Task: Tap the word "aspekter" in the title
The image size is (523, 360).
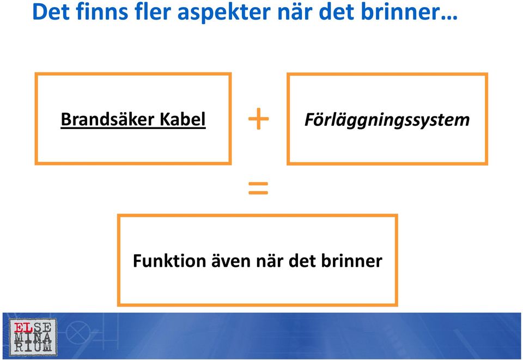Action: click(x=224, y=13)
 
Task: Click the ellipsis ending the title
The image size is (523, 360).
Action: click(x=449, y=17)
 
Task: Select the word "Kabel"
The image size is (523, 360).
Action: click(x=183, y=119)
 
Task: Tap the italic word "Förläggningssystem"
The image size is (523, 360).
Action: click(x=387, y=120)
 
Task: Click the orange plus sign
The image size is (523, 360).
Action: click(x=258, y=119)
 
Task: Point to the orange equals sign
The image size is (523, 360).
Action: click(x=258, y=188)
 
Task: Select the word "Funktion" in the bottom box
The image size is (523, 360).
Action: click(x=169, y=260)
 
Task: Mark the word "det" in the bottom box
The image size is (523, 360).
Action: click(x=302, y=260)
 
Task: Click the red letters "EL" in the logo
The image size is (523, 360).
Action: click(x=23, y=328)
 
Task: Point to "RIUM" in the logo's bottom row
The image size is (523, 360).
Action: click(x=33, y=347)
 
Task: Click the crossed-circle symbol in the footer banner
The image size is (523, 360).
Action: click(x=77, y=332)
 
